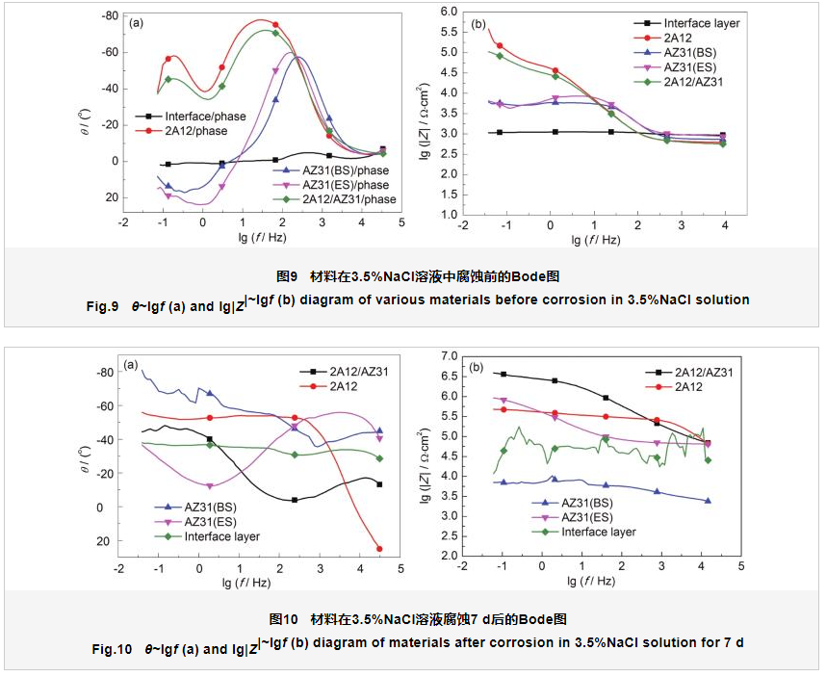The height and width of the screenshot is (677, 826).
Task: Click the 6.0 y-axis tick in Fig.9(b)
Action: point(446,11)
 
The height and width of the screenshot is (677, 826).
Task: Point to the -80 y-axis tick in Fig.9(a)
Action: point(108,16)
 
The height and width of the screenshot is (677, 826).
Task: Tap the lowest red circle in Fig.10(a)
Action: point(379,549)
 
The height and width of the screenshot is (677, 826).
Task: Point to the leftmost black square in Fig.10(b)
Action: point(502,374)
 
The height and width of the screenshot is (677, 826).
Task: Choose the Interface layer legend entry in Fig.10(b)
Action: point(597,532)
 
